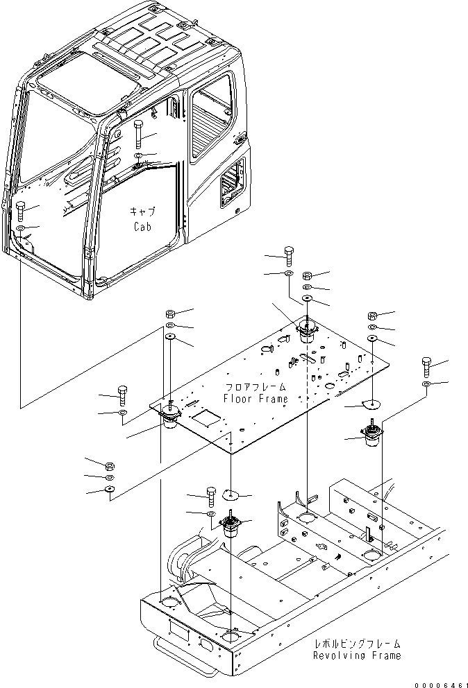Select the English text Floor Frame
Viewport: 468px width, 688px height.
click(x=255, y=399)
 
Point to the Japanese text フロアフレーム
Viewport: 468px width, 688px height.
click(x=255, y=386)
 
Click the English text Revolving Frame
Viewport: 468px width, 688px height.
click(x=356, y=655)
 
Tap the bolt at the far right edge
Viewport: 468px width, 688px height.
click(x=426, y=365)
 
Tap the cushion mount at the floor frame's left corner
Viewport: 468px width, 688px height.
click(x=169, y=418)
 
